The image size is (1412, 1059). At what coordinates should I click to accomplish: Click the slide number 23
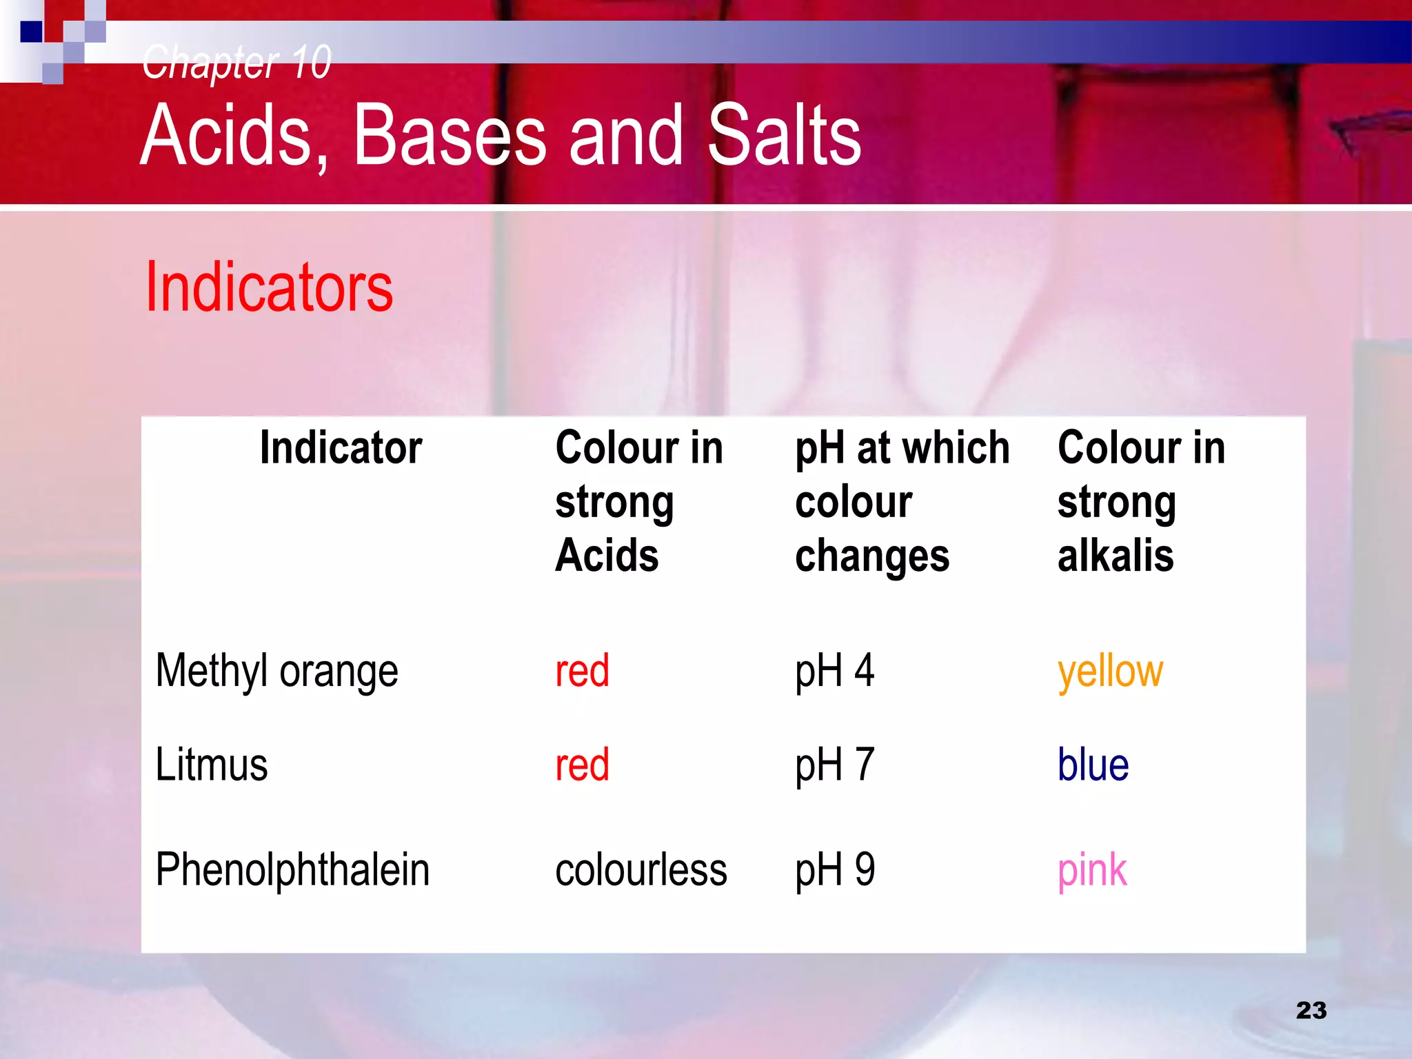pyautogui.click(x=1311, y=1011)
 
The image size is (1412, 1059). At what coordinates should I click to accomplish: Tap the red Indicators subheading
pyautogui.click(x=269, y=288)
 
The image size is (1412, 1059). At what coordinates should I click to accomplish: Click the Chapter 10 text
pyautogui.click(x=236, y=62)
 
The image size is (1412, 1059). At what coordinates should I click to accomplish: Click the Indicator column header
pyautogui.click(x=341, y=448)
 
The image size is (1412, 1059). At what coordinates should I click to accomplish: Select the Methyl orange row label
pyautogui.click(x=276, y=671)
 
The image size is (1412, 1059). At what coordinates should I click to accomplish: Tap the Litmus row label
pyautogui.click(x=211, y=765)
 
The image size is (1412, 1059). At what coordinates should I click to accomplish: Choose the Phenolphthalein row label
pyautogui.click(x=292, y=869)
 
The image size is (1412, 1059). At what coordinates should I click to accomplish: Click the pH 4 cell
pyautogui.click(x=834, y=671)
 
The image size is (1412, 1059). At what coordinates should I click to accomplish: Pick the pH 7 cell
pyautogui.click(x=834, y=765)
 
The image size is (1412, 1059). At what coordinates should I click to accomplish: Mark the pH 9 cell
pyautogui.click(x=834, y=869)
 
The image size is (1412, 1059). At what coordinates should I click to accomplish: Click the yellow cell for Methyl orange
pyautogui.click(x=1110, y=671)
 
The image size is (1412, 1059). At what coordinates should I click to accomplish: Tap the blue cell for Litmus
pyautogui.click(x=1093, y=765)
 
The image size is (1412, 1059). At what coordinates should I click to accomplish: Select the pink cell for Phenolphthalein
pyautogui.click(x=1092, y=871)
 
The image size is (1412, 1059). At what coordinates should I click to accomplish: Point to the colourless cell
pyautogui.click(x=641, y=870)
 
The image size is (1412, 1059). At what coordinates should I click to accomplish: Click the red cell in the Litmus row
pyautogui.click(x=582, y=765)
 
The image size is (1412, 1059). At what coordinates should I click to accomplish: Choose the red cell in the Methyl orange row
pyautogui.click(x=582, y=671)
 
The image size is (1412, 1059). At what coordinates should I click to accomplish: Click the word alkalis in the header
pyautogui.click(x=1116, y=556)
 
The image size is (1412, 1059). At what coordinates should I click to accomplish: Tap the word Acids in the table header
pyautogui.click(x=607, y=556)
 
